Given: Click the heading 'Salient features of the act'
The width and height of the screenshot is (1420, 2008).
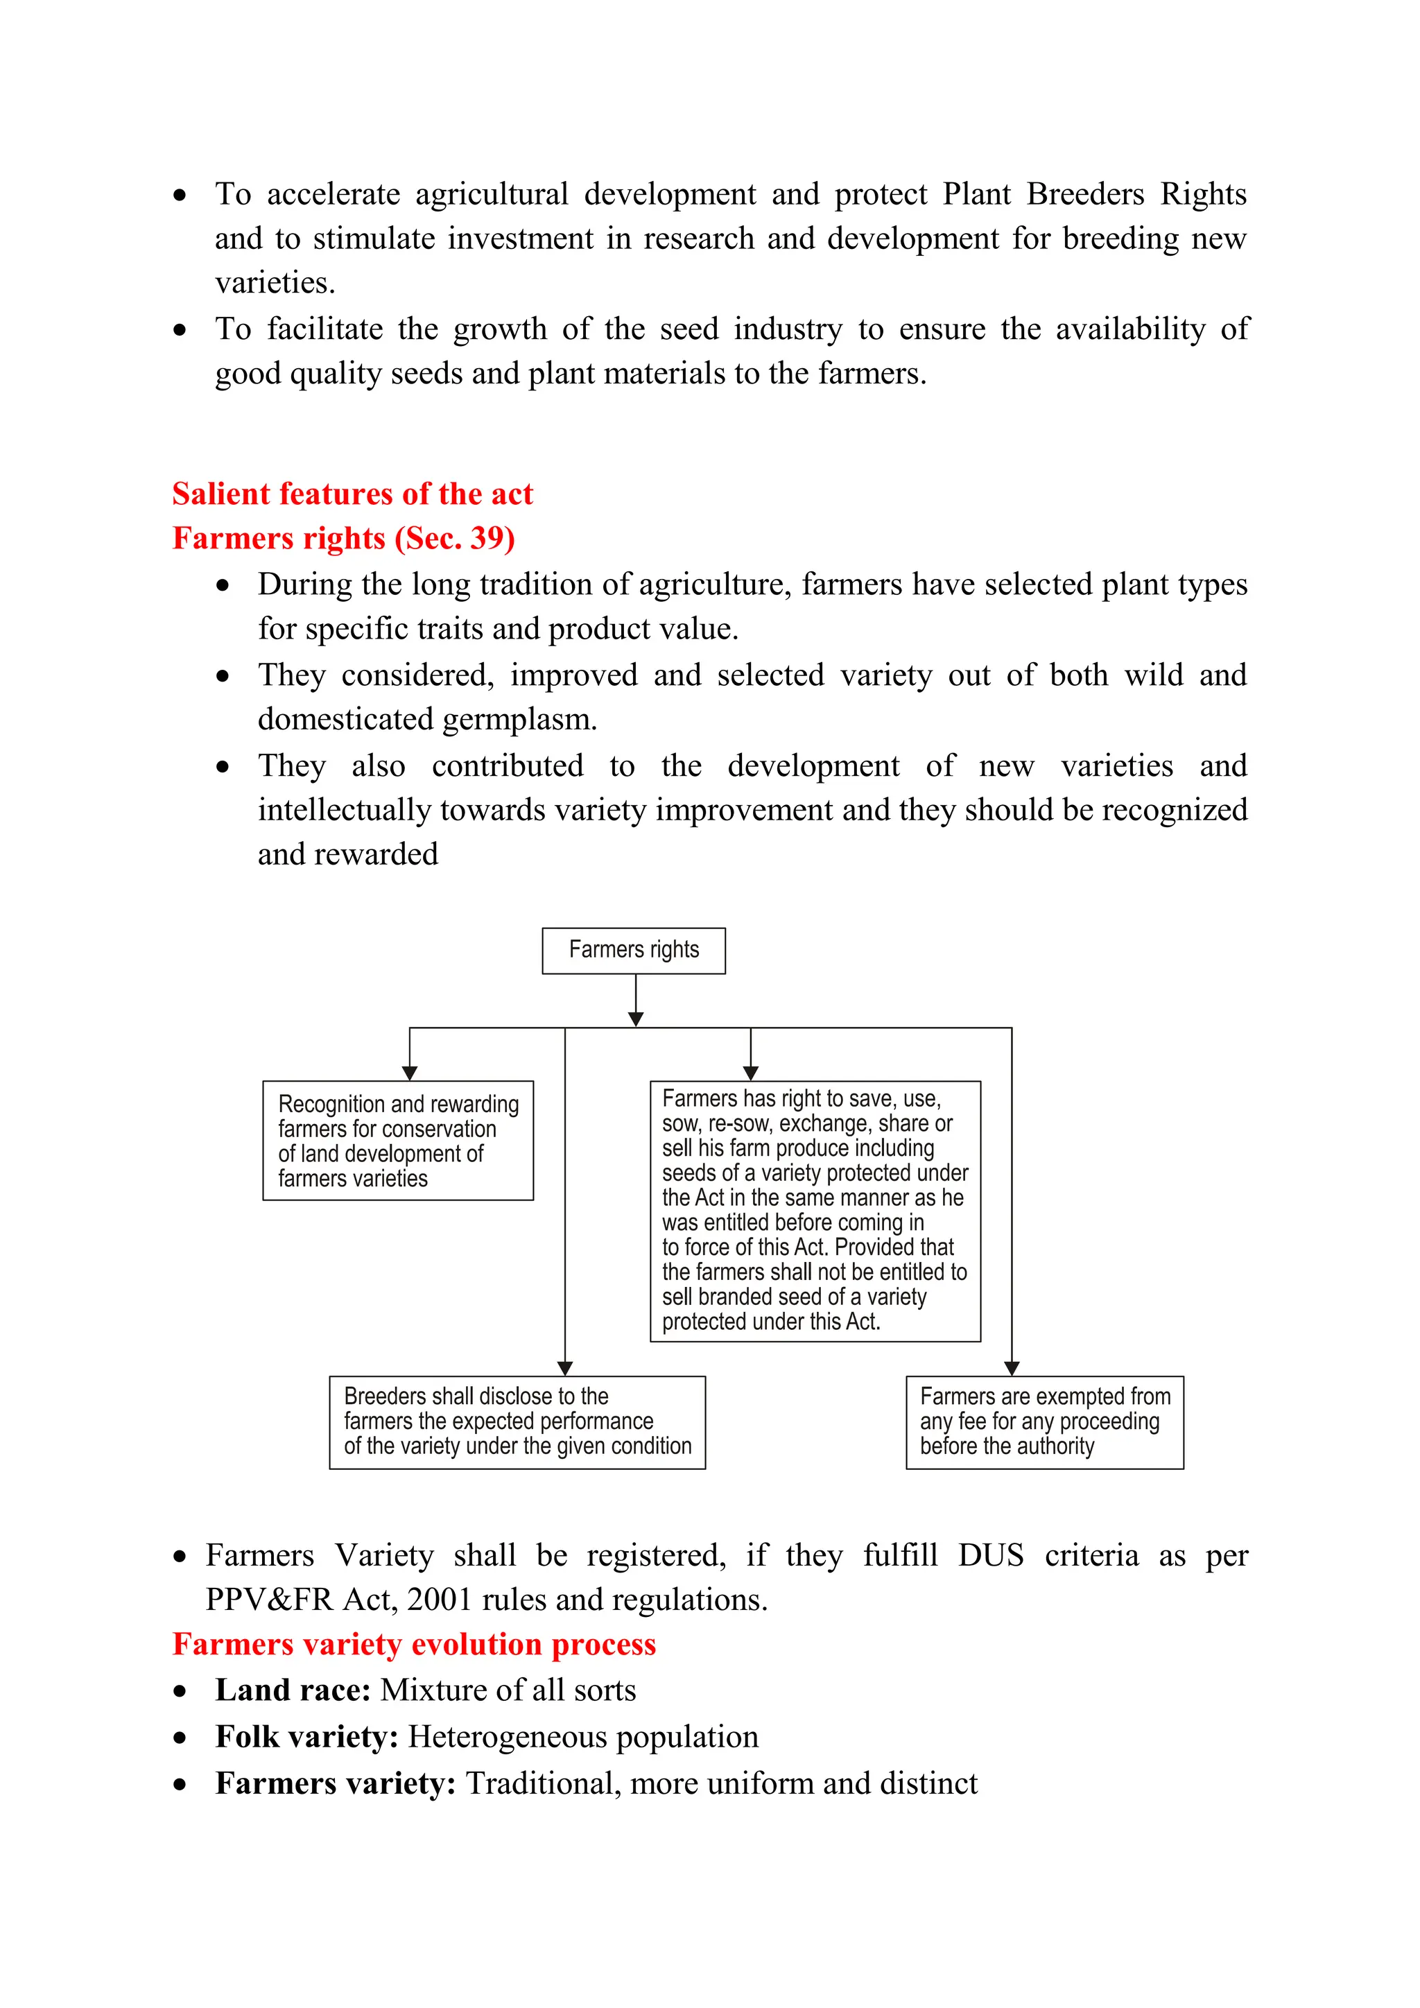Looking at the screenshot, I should [352, 494].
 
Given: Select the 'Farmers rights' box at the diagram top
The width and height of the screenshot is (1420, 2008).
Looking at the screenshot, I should [633, 951].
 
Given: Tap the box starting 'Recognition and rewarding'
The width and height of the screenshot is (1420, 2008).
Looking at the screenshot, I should [398, 1141].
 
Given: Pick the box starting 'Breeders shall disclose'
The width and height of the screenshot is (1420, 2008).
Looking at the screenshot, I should [517, 1422].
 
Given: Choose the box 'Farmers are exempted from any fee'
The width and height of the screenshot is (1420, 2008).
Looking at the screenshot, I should [1044, 1422].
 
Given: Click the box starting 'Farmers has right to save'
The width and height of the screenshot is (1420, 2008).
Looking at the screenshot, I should [815, 1211].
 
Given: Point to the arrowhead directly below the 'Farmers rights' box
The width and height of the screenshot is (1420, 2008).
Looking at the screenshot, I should [636, 1019].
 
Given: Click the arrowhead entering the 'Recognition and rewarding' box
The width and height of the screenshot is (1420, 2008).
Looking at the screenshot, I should [409, 1073].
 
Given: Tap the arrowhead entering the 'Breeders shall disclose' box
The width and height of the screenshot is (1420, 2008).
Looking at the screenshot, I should [565, 1368].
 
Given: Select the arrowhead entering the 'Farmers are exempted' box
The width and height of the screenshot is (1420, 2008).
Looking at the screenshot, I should [1012, 1368].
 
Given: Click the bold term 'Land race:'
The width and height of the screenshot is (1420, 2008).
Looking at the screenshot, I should [293, 1690].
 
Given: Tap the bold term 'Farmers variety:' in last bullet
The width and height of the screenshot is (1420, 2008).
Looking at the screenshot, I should [336, 1783].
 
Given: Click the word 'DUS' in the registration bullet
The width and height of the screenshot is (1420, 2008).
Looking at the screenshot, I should [990, 1556].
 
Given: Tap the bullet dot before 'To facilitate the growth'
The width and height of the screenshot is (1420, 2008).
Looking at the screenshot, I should [180, 331].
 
